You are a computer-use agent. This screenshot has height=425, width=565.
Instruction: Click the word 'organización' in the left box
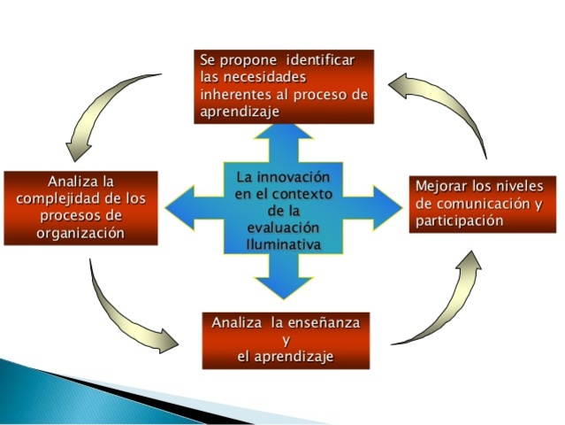click(80, 233)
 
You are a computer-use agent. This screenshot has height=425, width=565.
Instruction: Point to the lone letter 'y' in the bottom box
click(285, 341)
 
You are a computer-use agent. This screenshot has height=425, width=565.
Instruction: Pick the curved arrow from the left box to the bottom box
click(124, 314)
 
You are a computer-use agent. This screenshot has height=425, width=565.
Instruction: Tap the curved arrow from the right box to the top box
click(451, 102)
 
